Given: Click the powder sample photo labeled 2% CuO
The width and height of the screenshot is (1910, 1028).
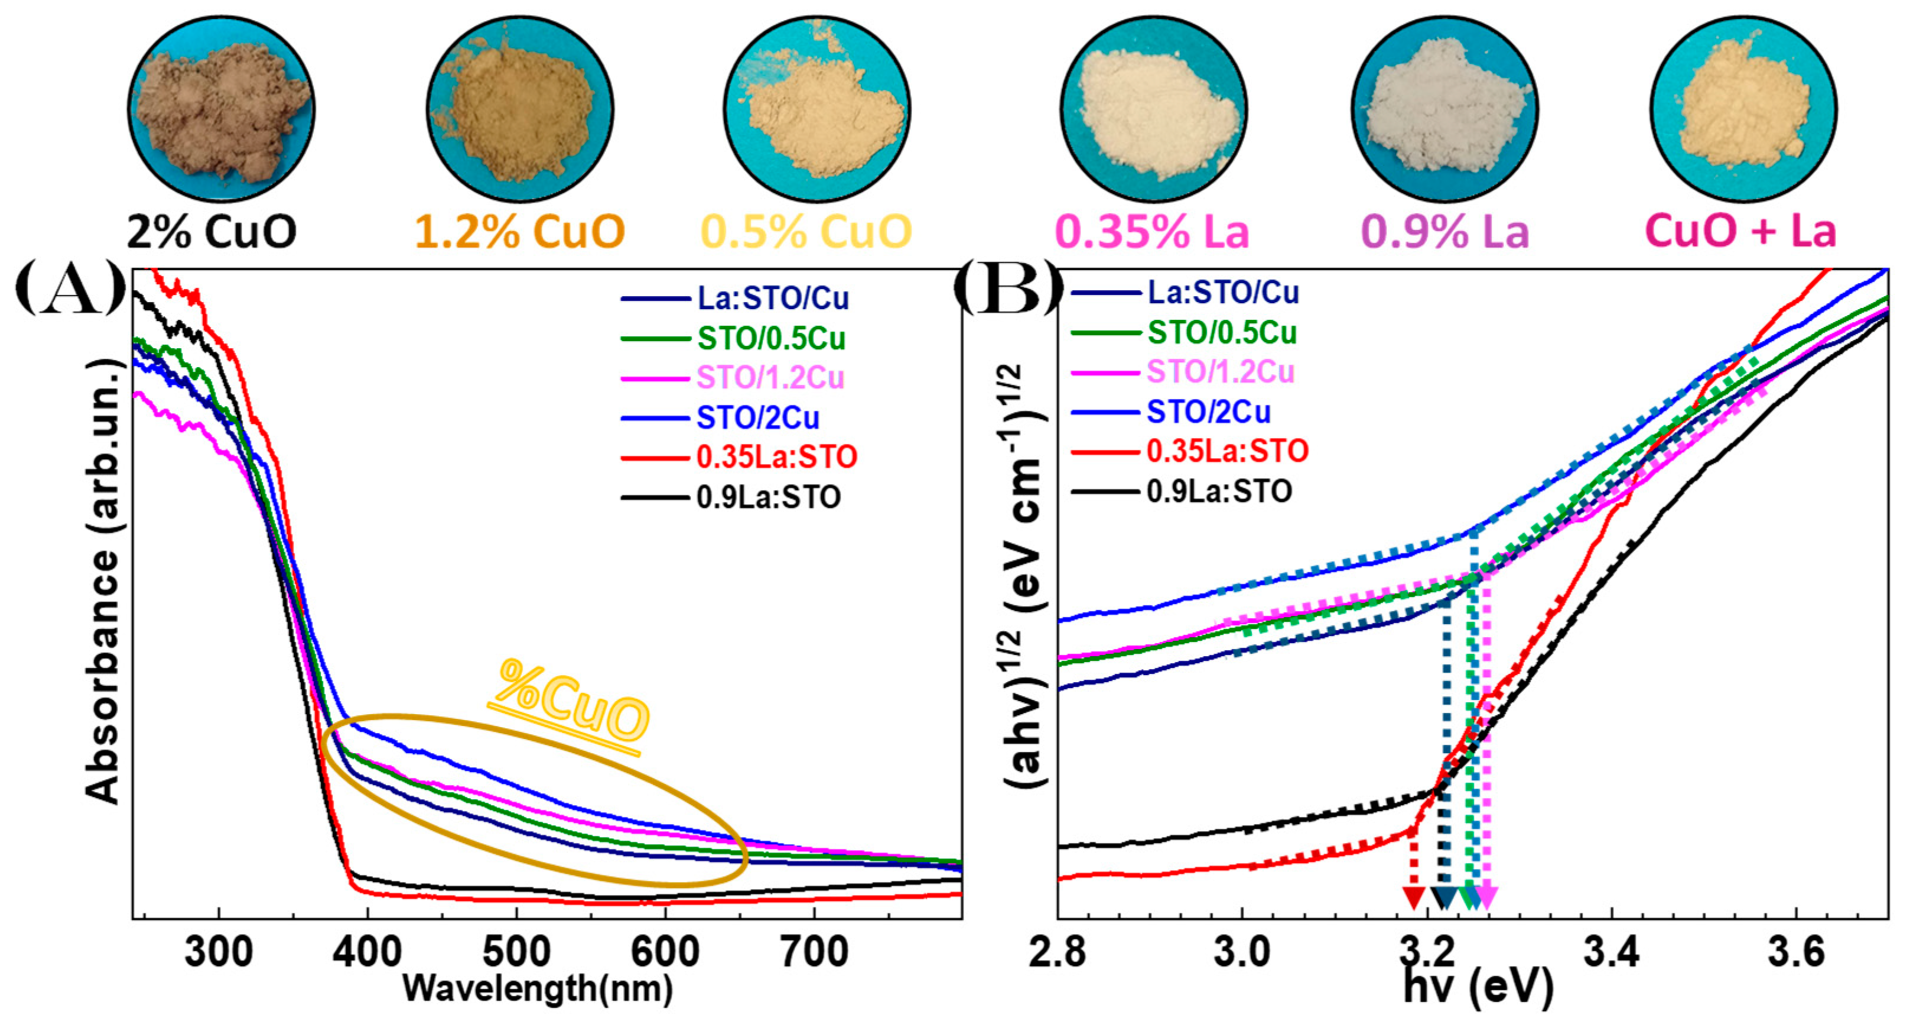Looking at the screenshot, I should pos(220,109).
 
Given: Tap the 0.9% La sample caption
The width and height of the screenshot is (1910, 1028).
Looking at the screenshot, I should pos(1445,231).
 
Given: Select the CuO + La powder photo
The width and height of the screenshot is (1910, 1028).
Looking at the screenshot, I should pos(1742,109).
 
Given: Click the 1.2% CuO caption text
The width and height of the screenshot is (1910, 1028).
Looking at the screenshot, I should pos(519,231).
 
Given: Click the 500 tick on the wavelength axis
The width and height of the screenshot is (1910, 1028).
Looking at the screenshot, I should pos(517,951).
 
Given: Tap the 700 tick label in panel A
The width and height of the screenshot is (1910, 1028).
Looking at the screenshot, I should pos(815,951).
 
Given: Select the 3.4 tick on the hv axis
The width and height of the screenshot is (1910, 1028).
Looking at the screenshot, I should pos(1611,951).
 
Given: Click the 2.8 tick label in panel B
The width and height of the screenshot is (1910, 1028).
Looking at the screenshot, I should pos(1058,951).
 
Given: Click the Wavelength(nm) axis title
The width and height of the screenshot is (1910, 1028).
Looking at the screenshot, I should pos(538,989).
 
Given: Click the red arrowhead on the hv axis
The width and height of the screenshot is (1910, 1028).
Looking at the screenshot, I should pos(1414,897).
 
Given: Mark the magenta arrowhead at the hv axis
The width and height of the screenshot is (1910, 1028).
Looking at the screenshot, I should pos(1486,897).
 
